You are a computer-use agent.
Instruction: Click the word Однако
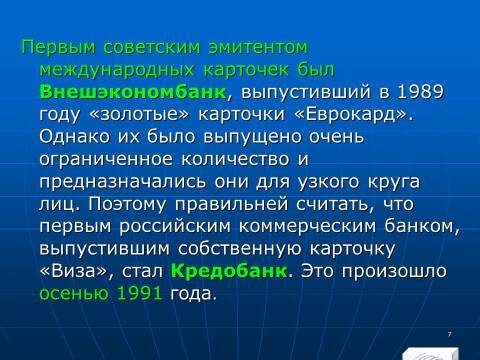click(75, 138)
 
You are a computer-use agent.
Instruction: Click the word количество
click(240, 160)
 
